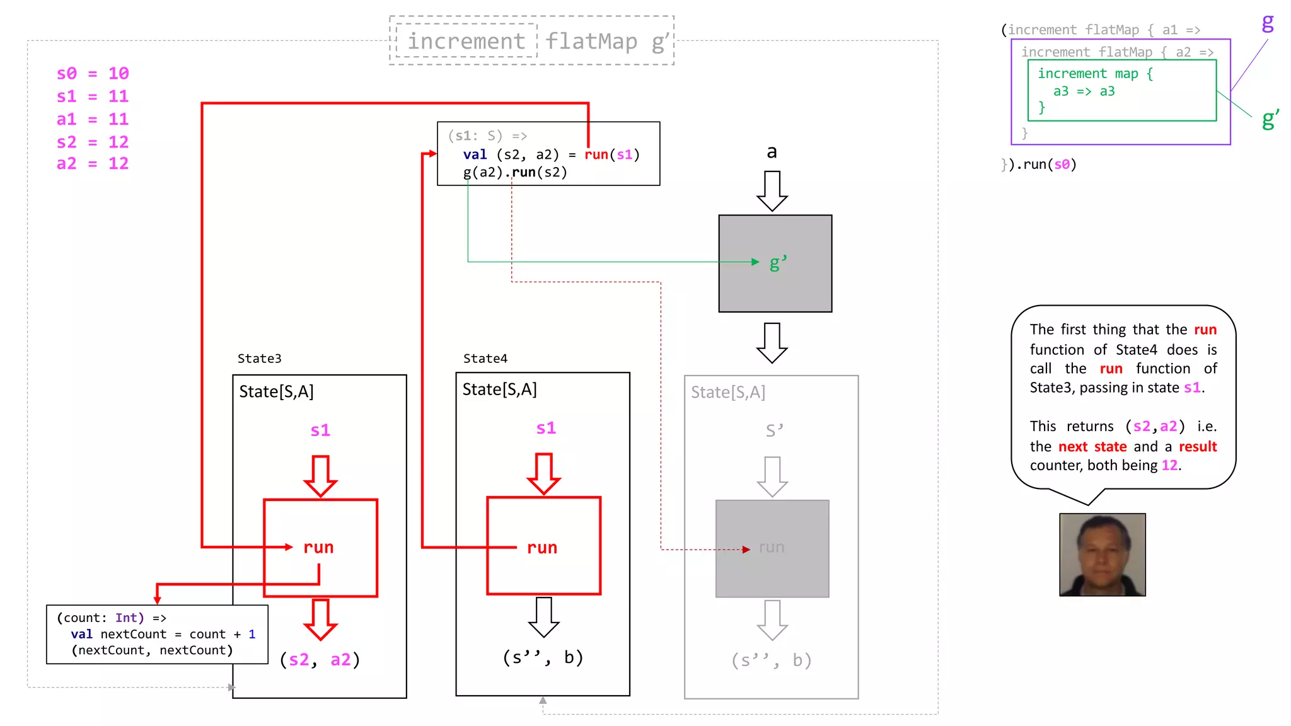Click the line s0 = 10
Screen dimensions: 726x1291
(x=93, y=74)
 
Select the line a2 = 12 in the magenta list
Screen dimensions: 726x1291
(x=93, y=164)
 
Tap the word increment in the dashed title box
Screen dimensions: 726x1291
(x=466, y=42)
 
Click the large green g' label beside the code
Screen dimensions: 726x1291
(x=1270, y=118)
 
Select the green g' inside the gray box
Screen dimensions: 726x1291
(x=778, y=262)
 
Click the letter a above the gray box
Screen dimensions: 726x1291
(x=772, y=152)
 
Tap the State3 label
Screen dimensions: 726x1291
(x=259, y=359)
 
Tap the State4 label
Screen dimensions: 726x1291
(x=485, y=359)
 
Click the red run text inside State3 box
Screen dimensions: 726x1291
(x=318, y=547)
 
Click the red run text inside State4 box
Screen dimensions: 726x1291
(x=542, y=548)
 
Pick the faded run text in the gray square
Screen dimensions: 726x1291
(x=772, y=547)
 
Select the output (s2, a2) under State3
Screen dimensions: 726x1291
(x=320, y=660)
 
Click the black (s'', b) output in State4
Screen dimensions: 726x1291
(x=543, y=657)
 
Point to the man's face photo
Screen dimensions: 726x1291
(x=1102, y=555)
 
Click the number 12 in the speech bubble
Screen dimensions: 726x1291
(x=1169, y=465)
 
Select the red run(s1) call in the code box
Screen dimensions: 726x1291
(x=611, y=154)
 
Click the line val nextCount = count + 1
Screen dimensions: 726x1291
(x=163, y=634)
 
